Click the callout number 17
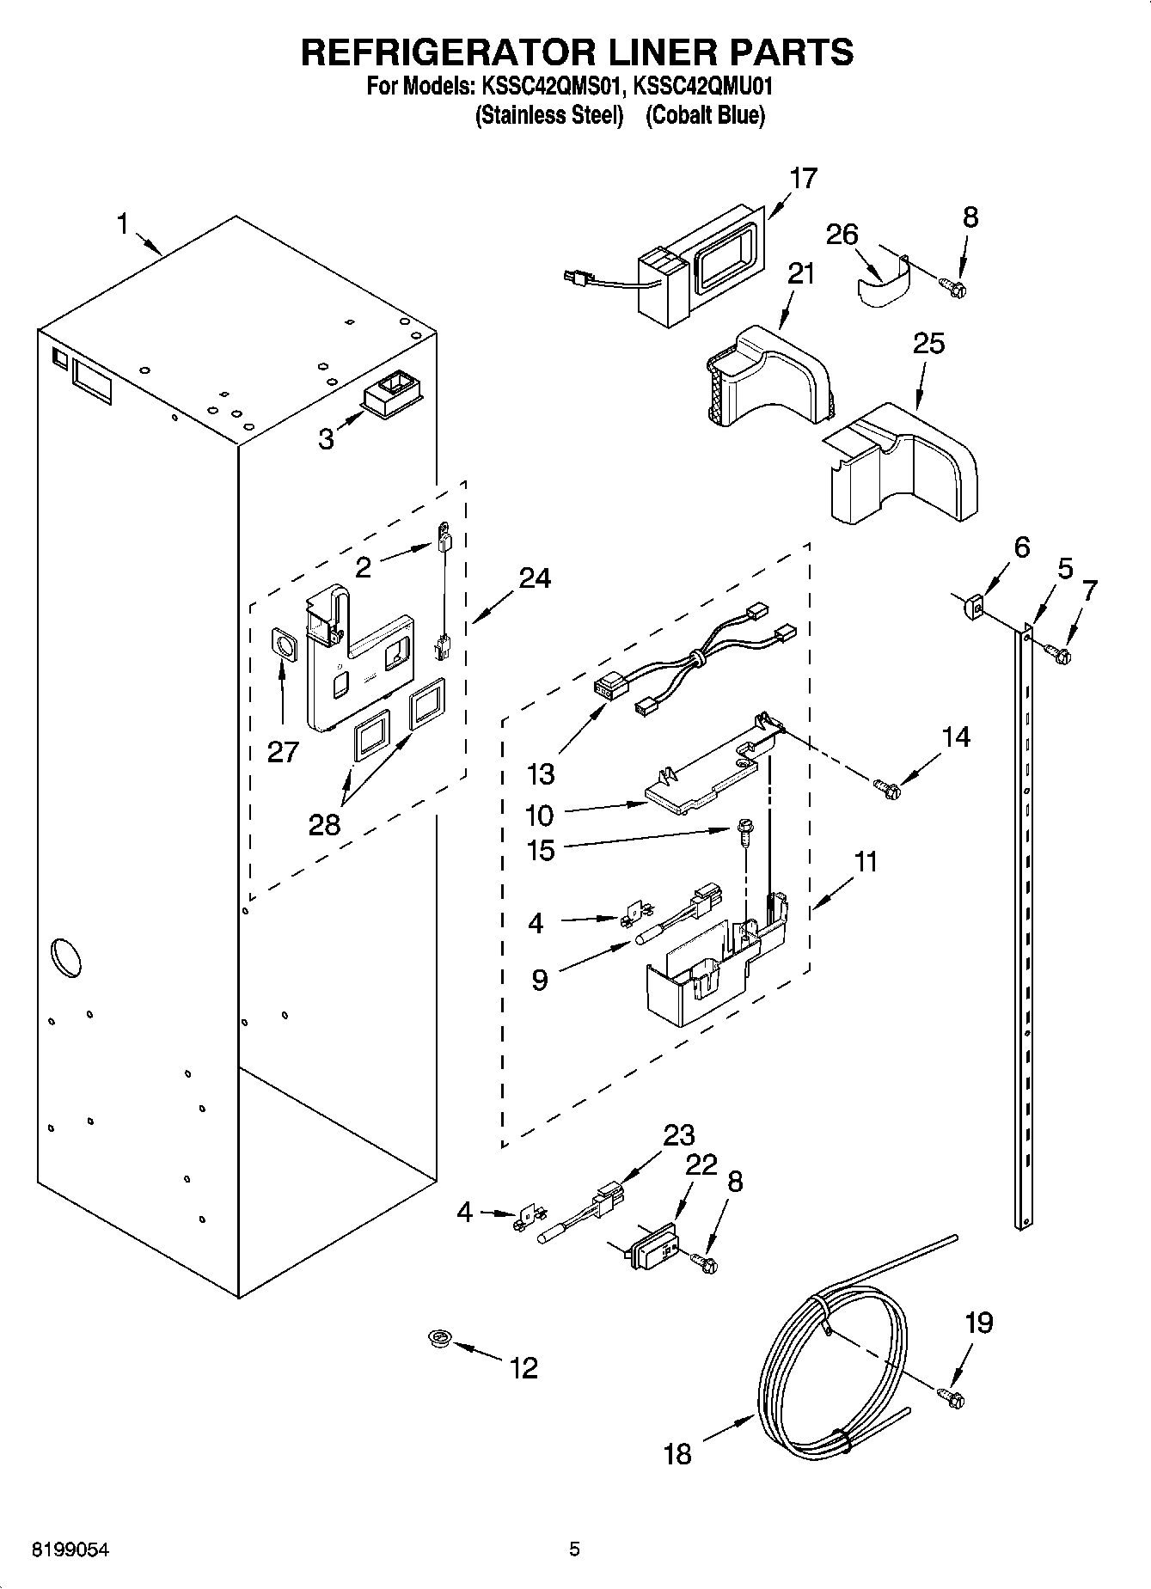803,179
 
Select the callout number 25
928,343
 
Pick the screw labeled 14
886,786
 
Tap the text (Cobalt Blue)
705,116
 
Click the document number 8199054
70,1550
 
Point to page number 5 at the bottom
574,1550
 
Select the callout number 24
534,578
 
